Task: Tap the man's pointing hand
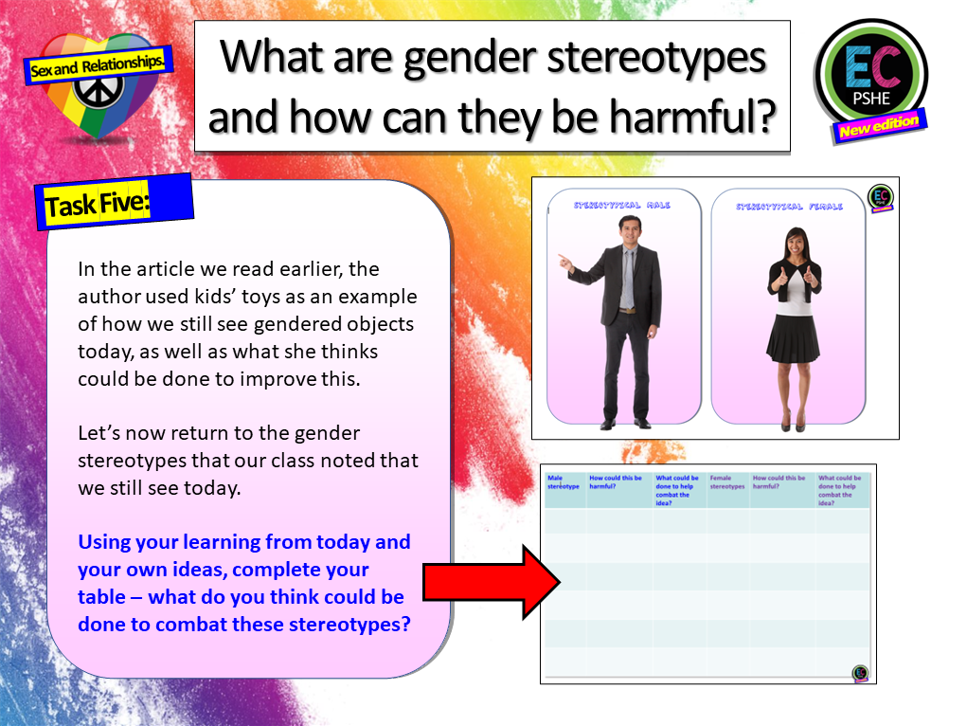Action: pyautogui.click(x=564, y=260)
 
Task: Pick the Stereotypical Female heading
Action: pyautogui.click(x=787, y=206)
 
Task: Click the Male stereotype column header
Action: pyautogui.click(x=564, y=482)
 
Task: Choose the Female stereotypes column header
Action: pyautogui.click(x=726, y=482)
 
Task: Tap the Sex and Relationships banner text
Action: pyautogui.click(x=97, y=66)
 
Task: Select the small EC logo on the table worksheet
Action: pyautogui.click(x=859, y=673)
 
